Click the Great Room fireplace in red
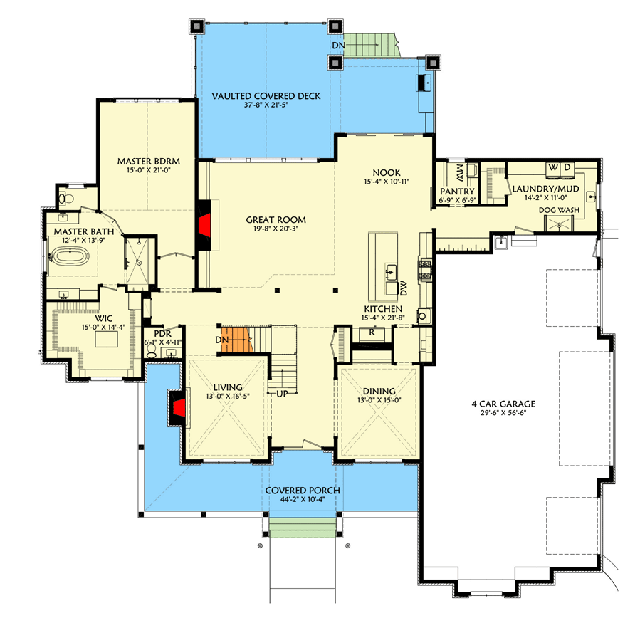tap(204, 226)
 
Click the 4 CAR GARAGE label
tap(503, 404)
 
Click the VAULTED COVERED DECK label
tap(266, 95)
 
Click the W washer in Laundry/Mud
tap(554, 167)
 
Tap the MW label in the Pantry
tap(460, 172)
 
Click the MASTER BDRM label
tap(148, 162)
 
